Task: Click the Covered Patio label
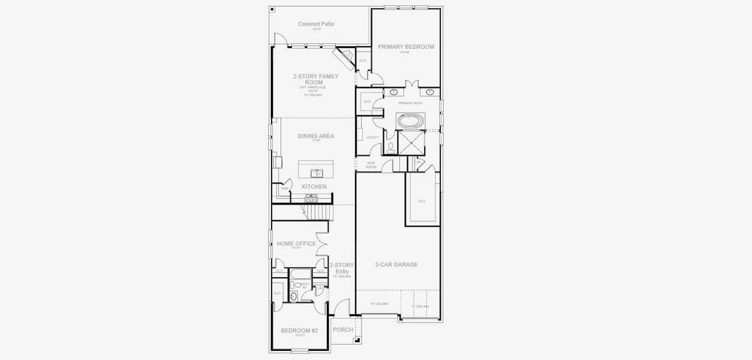(x=316, y=25)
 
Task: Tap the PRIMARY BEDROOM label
(x=405, y=47)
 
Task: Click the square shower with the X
(x=411, y=142)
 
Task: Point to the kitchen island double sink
(x=316, y=174)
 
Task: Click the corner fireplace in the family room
(x=346, y=58)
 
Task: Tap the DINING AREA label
(x=315, y=136)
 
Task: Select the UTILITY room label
(x=372, y=137)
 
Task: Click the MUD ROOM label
(x=371, y=164)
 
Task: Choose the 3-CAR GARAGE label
(x=396, y=265)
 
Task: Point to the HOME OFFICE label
(x=296, y=244)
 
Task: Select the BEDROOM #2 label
(x=299, y=331)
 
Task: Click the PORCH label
(x=343, y=330)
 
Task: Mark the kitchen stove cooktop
(x=312, y=197)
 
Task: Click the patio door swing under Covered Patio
(x=279, y=39)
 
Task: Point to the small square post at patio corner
(x=272, y=9)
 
